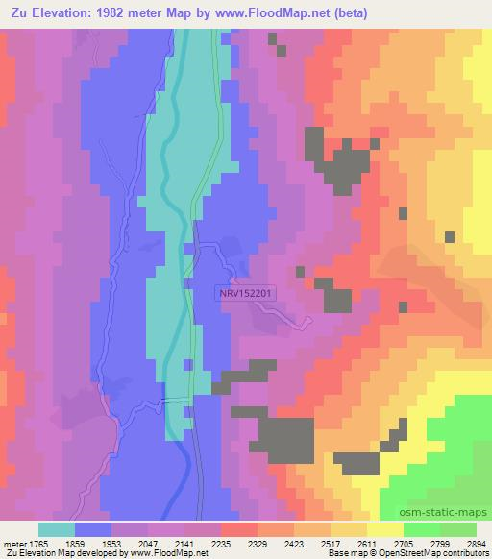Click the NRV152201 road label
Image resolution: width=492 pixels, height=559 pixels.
[x=246, y=294]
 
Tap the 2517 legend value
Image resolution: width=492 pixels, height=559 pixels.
[x=331, y=543]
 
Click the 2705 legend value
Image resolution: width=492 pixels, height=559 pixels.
[x=404, y=543]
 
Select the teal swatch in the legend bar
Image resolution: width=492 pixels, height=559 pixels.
[x=56, y=529]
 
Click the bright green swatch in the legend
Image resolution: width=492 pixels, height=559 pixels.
[x=421, y=529]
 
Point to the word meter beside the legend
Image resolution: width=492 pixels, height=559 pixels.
[x=14, y=543]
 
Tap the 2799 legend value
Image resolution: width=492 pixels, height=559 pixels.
[x=440, y=543]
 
